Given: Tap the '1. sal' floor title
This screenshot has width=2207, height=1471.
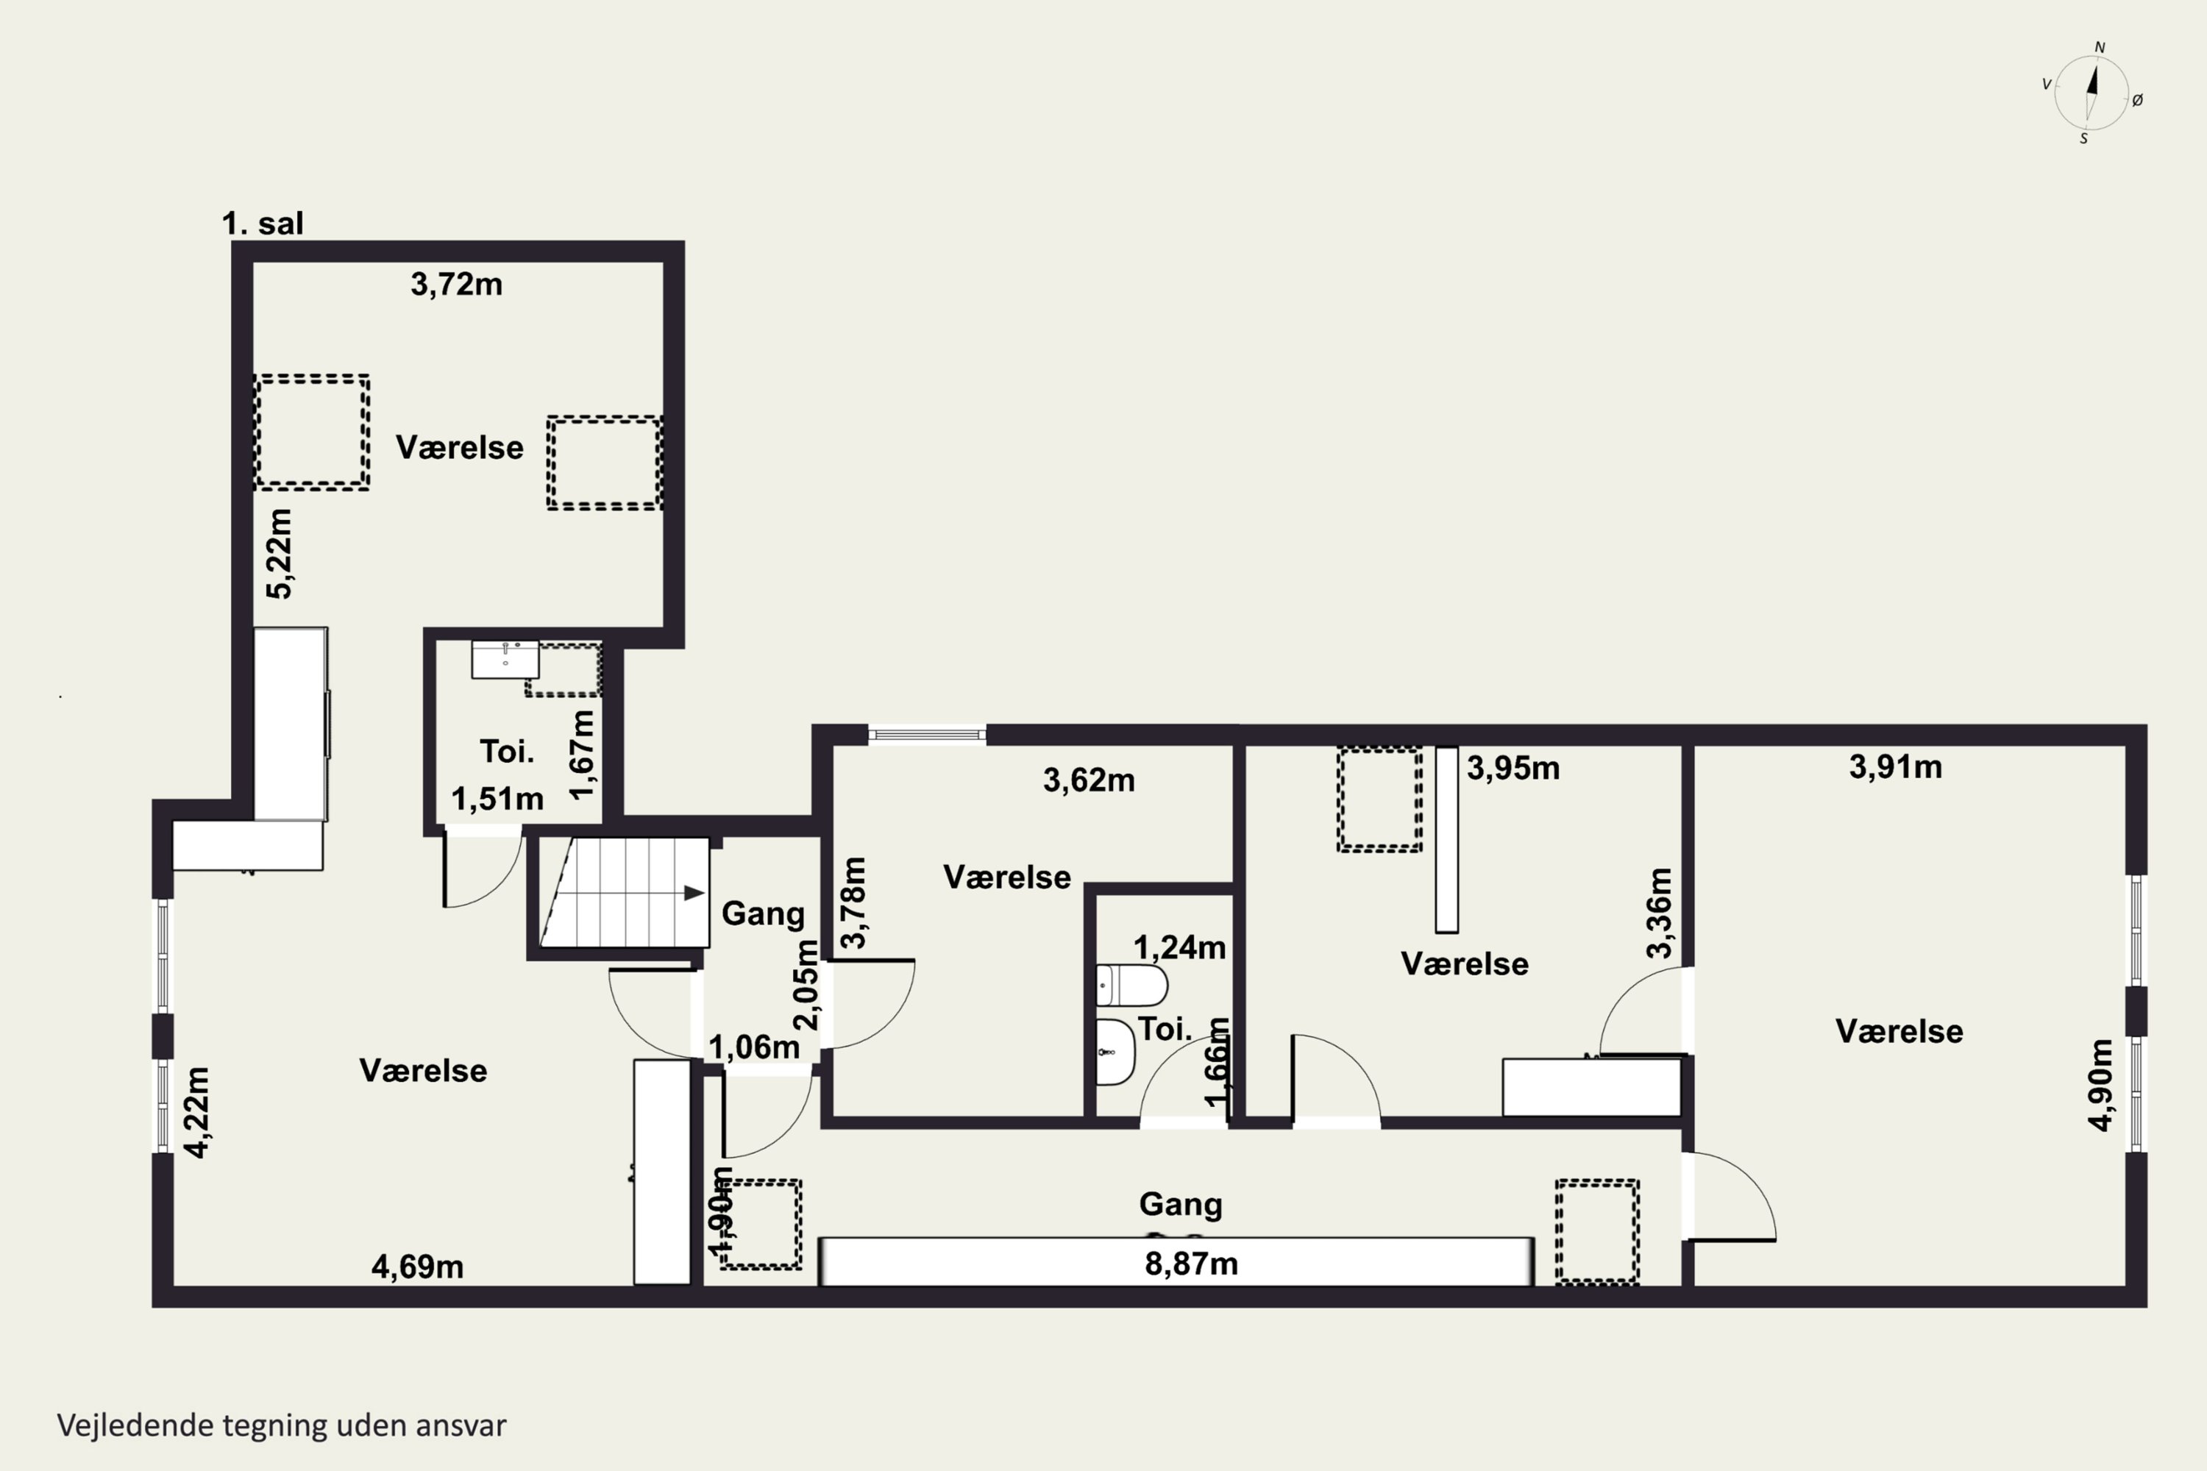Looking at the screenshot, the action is coord(263,224).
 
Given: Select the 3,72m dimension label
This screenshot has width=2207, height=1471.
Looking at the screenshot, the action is coord(456,283).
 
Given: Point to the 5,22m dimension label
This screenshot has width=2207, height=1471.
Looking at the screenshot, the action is coord(280,554).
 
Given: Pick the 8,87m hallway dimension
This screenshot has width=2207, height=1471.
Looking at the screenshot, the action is coord(1191,1264).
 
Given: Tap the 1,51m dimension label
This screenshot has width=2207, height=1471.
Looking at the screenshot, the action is coord(497,798).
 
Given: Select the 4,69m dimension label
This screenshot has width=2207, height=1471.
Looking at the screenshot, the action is coord(418,1267).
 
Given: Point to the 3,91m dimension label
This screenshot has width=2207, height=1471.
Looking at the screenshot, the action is coord(1896,766).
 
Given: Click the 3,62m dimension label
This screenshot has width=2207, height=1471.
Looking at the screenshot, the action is coord(1089,780).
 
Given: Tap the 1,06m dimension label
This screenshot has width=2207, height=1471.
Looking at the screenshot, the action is coord(753,1047).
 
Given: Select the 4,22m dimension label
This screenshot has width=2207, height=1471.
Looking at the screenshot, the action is coord(197,1113).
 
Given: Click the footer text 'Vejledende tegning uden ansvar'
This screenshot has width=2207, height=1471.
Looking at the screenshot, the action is coord(282,1425).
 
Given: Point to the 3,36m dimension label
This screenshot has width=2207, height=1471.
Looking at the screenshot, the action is coord(1659,913).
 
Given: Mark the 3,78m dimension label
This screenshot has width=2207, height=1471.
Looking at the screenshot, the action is coord(854,902).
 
